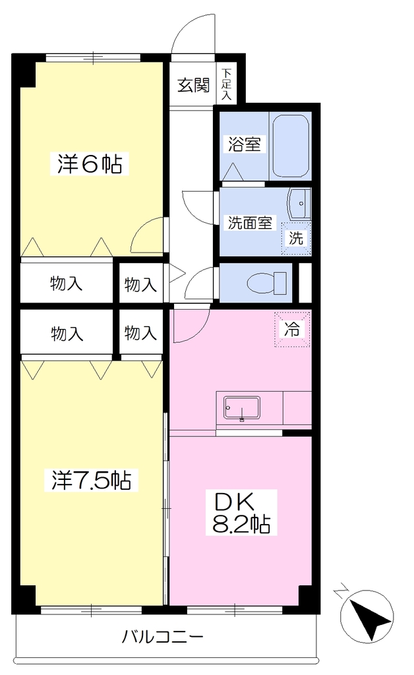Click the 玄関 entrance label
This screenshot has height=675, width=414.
point(193,85)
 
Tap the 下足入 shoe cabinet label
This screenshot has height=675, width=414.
point(226,84)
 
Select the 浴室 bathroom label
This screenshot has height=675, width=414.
point(244,144)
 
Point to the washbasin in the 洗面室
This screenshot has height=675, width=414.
point(299,204)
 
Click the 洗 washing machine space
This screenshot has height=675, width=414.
point(296,239)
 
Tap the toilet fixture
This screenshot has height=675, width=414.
point(267,283)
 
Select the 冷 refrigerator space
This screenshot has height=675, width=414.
point(292,330)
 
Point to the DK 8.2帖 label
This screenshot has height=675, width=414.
point(241,513)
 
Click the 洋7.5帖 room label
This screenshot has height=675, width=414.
point(91,480)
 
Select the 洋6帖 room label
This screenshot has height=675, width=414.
point(90,163)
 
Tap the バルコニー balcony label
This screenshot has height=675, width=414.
point(162,636)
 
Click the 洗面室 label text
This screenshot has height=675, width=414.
point(250,223)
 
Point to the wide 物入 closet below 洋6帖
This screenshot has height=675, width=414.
point(67,283)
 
